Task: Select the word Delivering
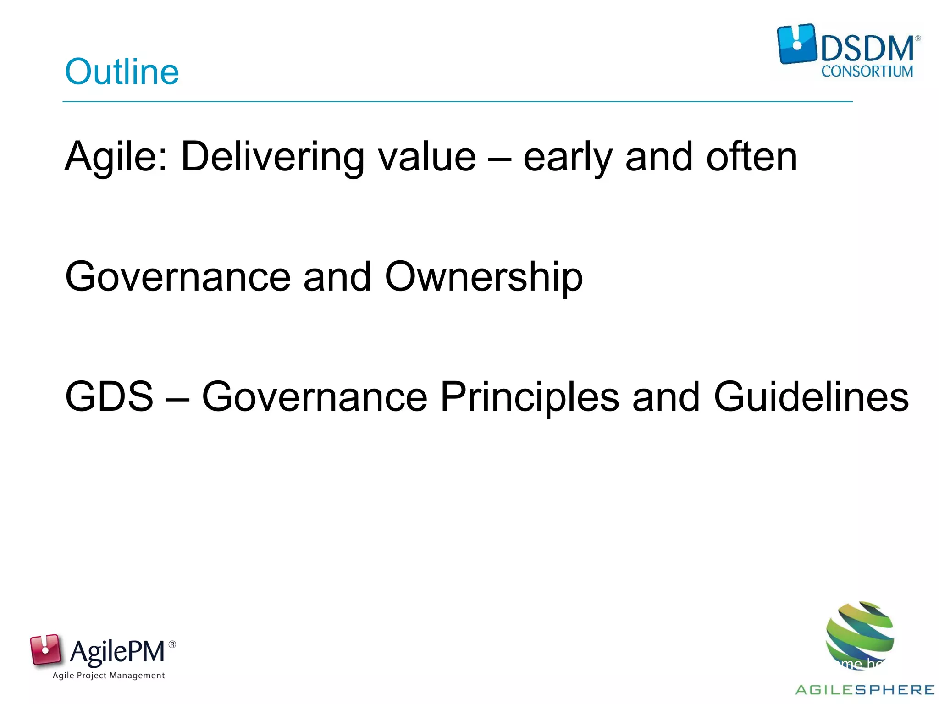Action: pyautogui.click(x=273, y=157)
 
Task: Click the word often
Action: pyautogui.click(x=752, y=157)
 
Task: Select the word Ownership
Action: pyautogui.click(x=484, y=277)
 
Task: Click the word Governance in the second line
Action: pyautogui.click(x=178, y=277)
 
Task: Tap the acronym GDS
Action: pyautogui.click(x=109, y=396)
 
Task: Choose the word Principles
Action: pyautogui.click(x=530, y=397)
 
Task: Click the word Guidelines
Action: pyautogui.click(x=811, y=396)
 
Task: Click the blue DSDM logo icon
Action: pyautogui.click(x=797, y=44)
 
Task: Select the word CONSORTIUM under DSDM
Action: pyautogui.click(x=867, y=71)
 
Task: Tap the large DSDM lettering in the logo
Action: pyautogui.click(x=867, y=49)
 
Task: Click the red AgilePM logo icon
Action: pyautogui.click(x=45, y=649)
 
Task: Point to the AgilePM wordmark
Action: pyautogui.click(x=117, y=651)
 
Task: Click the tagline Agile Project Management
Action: pyautogui.click(x=109, y=676)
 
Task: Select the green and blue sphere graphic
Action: pyautogui.click(x=860, y=635)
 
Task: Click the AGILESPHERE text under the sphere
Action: pyautogui.click(x=865, y=690)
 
